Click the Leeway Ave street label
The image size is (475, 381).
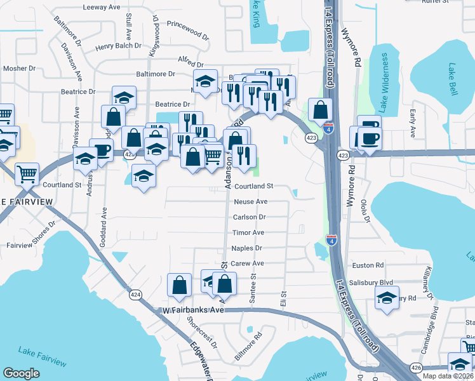(x=103, y=8)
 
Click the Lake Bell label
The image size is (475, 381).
(x=453, y=79)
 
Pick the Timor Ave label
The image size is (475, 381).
(x=248, y=233)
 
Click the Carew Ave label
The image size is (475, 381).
(x=247, y=264)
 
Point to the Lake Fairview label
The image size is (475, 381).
(x=42, y=356)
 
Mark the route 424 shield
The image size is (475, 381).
(x=135, y=295)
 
